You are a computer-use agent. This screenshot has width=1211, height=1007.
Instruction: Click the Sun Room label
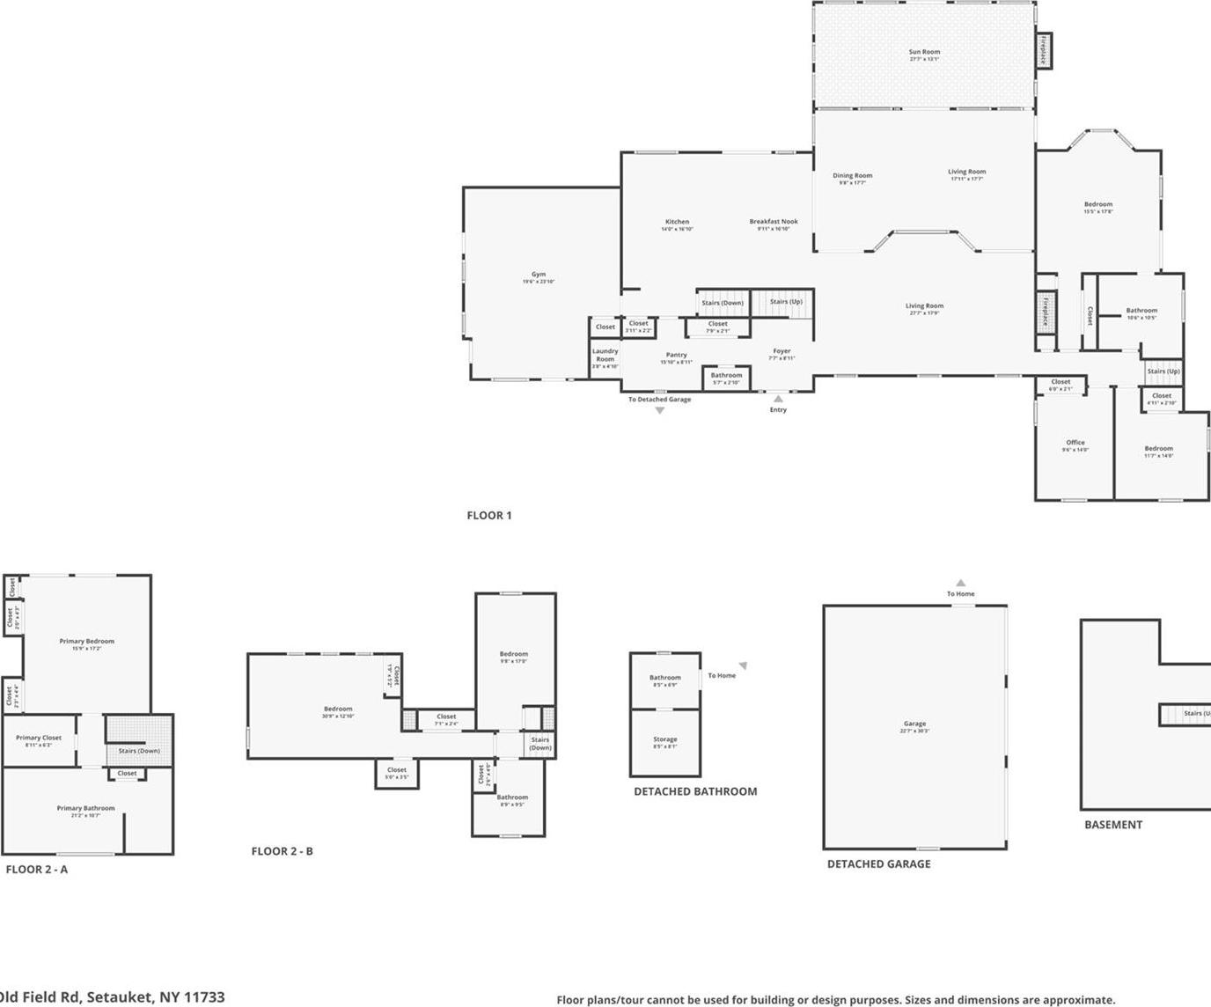click(924, 53)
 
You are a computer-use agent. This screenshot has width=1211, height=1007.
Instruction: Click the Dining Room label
click(852, 177)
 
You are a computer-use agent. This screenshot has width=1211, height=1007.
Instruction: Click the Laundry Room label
click(605, 356)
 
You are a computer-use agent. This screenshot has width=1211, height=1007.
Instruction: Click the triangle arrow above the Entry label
click(778, 399)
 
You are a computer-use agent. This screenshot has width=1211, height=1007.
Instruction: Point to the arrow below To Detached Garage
click(659, 410)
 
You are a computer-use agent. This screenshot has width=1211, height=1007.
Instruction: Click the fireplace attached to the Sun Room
click(1043, 50)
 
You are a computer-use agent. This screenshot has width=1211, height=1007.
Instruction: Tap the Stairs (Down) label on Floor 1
click(723, 303)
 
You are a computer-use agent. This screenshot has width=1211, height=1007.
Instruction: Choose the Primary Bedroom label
click(86, 643)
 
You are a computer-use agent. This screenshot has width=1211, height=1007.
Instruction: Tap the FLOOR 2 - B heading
click(282, 851)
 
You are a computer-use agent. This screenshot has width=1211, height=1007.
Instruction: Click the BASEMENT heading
click(1112, 825)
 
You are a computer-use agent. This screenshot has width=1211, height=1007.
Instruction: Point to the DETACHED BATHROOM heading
click(695, 791)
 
